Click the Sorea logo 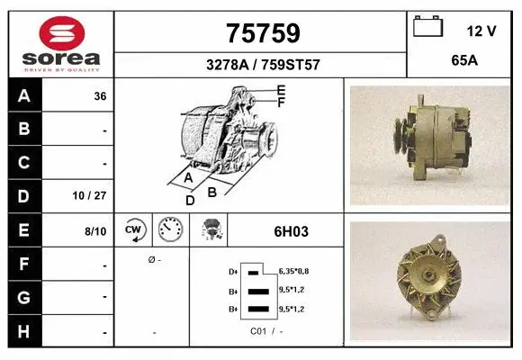[x=61, y=41]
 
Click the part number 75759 [x=261, y=33]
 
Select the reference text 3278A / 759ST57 [x=261, y=65]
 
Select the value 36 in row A [x=100, y=95]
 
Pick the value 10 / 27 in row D [x=94, y=195]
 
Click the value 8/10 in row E [x=96, y=231]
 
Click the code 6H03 [x=291, y=231]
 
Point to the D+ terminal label [x=233, y=271]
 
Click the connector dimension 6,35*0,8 [x=293, y=270]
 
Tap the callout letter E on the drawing [x=282, y=91]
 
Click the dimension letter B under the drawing [x=212, y=191]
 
